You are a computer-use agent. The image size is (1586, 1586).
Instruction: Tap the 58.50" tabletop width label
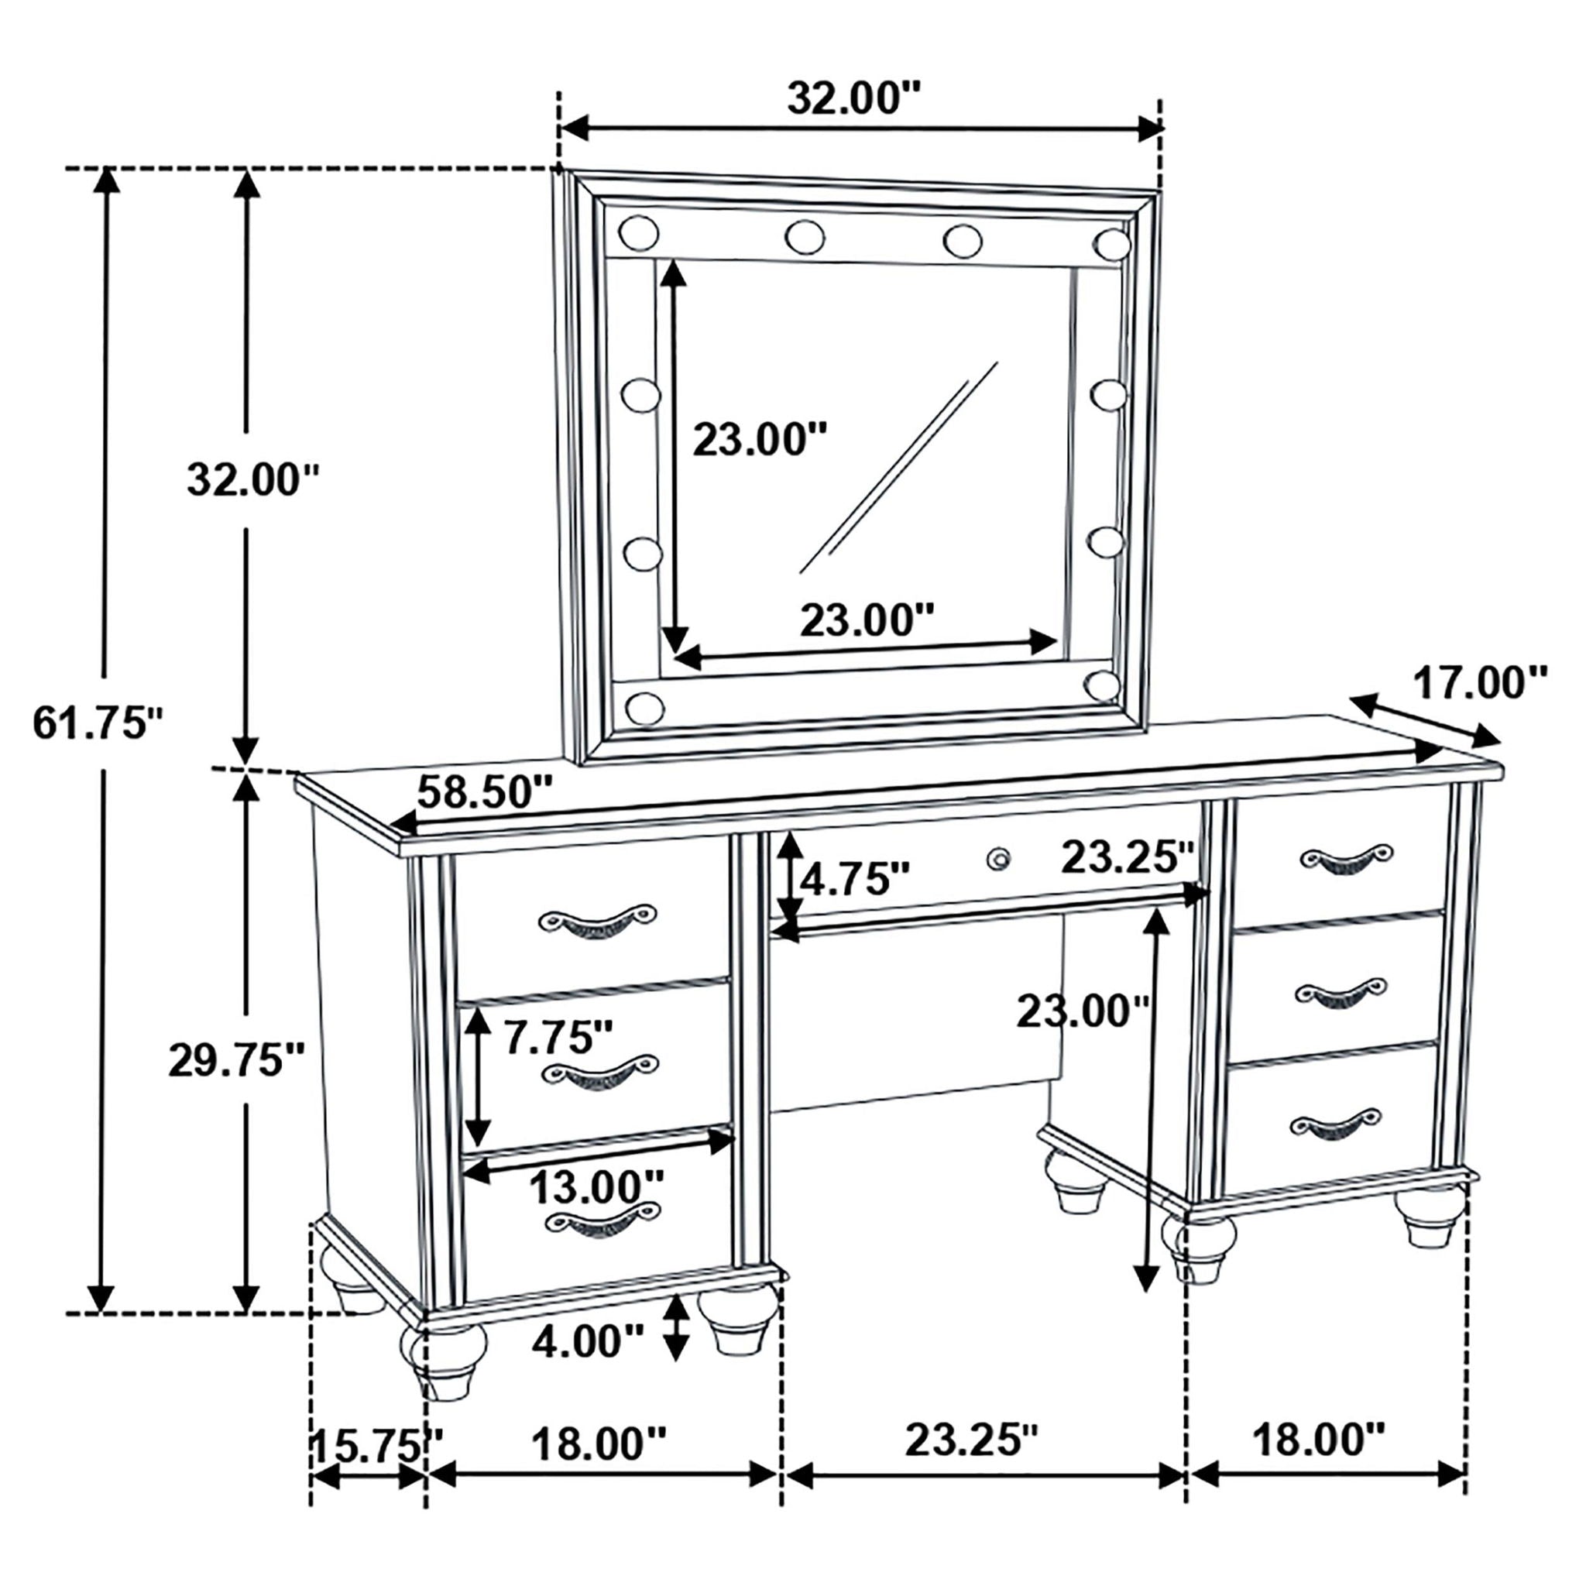pyautogui.click(x=484, y=793)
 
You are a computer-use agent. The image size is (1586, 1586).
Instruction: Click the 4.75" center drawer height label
pyautogui.click(x=856, y=880)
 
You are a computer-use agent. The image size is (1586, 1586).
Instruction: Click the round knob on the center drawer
pyautogui.click(x=998, y=859)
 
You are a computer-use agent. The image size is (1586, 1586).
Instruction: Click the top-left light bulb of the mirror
pyautogui.click(x=639, y=233)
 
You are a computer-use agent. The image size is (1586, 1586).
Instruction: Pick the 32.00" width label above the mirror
pyautogui.click(x=856, y=98)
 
